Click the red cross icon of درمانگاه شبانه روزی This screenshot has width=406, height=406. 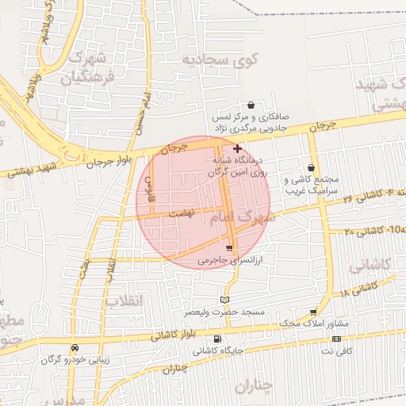pyautogui.click(x=237, y=148)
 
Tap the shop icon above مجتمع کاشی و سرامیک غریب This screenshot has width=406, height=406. pyautogui.click(x=310, y=168)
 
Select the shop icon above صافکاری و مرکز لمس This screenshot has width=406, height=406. pyautogui.click(x=251, y=105)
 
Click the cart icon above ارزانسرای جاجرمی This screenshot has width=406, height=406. pyautogui.click(x=229, y=249)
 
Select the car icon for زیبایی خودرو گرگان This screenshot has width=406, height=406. pyautogui.click(x=75, y=347)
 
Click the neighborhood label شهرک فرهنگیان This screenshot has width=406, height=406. pyautogui.click(x=88, y=67)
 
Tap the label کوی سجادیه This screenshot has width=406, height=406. pyautogui.click(x=209, y=59)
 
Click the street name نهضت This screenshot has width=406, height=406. pyautogui.click(x=183, y=214)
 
